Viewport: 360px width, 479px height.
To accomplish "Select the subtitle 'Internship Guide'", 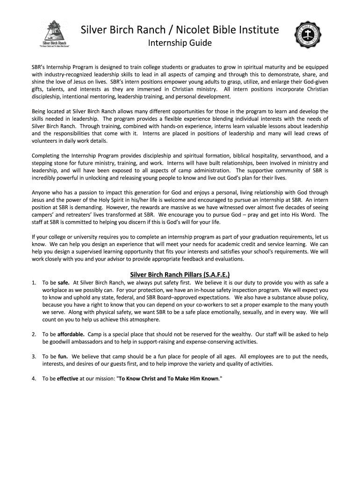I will tap(180, 44).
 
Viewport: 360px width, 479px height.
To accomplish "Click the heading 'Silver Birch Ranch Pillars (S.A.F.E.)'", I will tap(180, 274).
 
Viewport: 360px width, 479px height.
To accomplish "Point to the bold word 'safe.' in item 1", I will tap(64, 283).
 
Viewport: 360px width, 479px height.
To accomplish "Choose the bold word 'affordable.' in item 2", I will tap(71, 334).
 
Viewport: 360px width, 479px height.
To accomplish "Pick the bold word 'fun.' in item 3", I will tap(63, 356).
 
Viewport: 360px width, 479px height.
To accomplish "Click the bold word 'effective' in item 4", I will tap(67, 378).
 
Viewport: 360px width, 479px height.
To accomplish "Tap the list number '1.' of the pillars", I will tap(34, 283).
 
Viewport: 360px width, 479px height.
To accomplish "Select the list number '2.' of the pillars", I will tap(34, 334).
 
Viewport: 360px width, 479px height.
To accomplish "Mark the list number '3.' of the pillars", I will tap(34, 356).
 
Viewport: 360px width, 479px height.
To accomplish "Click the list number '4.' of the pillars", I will tap(34, 378).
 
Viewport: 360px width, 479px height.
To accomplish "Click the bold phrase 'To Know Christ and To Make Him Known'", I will tap(169, 378).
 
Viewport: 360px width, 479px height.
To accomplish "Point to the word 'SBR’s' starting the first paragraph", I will tap(39, 67).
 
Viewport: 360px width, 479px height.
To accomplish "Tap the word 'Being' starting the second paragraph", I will tap(39, 111).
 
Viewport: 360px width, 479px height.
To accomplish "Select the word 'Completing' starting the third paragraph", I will tap(46, 155).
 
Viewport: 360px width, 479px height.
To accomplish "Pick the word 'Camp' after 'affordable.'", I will tap(95, 334).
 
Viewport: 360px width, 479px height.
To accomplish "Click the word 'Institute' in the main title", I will tap(257, 30).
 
